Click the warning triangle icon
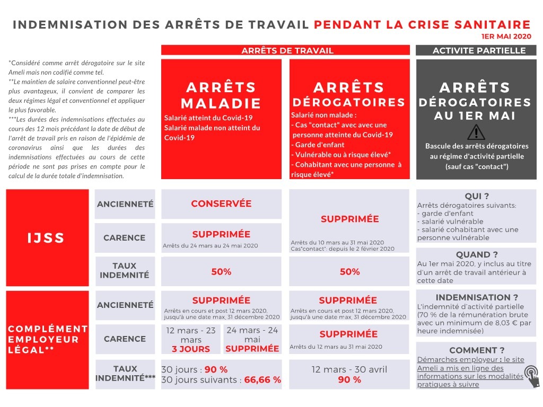tap(476, 131)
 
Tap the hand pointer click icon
tap(531, 376)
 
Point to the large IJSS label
tap(46, 238)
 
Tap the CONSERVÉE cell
tap(221, 203)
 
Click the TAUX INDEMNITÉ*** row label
tap(125, 373)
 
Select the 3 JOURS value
tap(191, 349)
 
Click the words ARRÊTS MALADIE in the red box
tap(221, 95)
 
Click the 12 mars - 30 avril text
tap(349, 369)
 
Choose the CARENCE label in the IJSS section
tap(125, 238)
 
